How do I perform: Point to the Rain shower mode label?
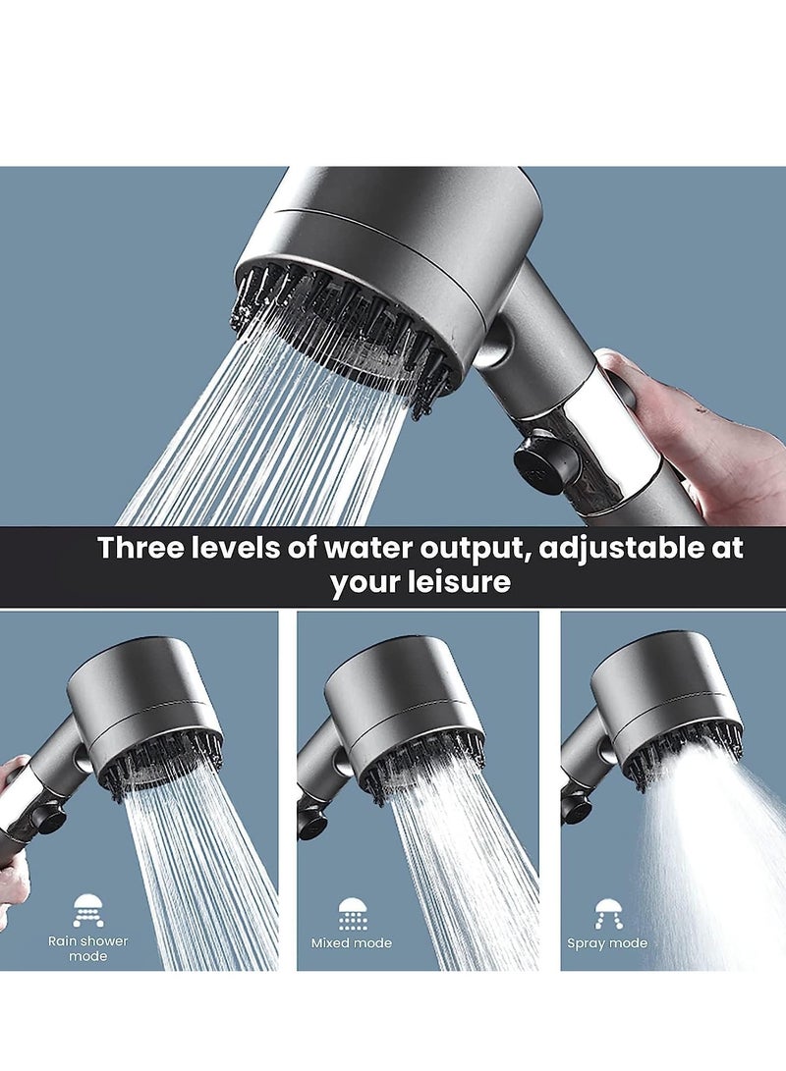coord(88,948)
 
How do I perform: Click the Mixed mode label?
coord(351,943)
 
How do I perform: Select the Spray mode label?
coord(607,943)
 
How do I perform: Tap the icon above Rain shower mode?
coord(88,910)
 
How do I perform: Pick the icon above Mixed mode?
coord(352,912)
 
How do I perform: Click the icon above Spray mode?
coord(608,912)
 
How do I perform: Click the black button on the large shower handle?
coord(541,460)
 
